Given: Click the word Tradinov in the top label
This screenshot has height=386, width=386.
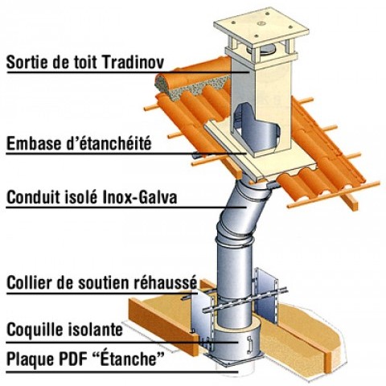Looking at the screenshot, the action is tap(133, 62).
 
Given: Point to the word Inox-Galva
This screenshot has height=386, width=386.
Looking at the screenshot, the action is tap(140, 198).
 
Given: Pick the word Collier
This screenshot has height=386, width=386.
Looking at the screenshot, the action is tap(27, 282).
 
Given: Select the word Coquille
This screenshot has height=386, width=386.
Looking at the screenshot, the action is tap(31, 330).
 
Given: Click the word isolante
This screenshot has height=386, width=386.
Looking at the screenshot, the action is tap(92, 330).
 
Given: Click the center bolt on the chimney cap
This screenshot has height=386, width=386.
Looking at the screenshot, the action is tap(261, 23).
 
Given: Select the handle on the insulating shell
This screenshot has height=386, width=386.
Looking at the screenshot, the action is tap(249, 344).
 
